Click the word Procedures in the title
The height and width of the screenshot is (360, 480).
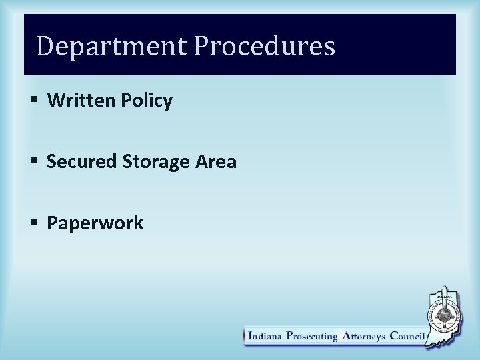[x=265, y=47]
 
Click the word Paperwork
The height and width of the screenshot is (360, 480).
[x=95, y=223]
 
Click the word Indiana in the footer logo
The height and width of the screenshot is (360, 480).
[x=265, y=336]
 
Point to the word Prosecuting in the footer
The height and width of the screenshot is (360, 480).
[x=312, y=336]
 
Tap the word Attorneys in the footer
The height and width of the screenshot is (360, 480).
[x=363, y=336]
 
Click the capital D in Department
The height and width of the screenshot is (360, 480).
[x=45, y=46]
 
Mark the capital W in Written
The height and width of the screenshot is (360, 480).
[x=55, y=101]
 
